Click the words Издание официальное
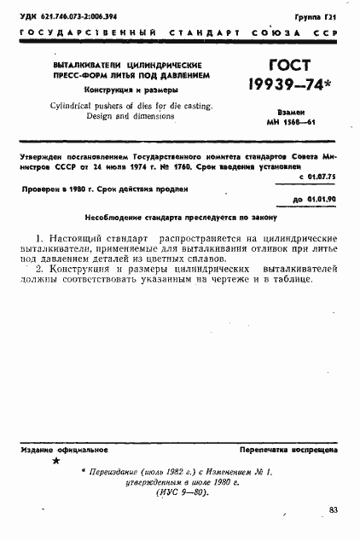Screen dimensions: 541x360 [56, 448]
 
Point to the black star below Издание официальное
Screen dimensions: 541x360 [56, 462]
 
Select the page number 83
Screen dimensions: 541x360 [333, 509]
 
